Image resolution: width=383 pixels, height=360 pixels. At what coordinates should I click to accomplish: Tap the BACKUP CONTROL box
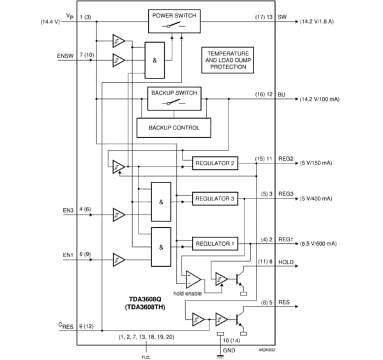coord(174,127)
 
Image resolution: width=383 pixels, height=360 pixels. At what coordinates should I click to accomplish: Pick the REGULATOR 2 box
coord(214,163)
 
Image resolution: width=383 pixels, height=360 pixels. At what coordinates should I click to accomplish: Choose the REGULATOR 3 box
coord(214,199)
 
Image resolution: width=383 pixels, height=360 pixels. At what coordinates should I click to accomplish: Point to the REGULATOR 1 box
coord(214,243)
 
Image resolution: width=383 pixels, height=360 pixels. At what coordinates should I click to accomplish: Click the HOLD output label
coord(286,262)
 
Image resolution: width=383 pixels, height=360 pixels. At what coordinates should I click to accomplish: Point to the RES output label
coord(284,303)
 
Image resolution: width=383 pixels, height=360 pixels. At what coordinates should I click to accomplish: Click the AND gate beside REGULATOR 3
coord(160,199)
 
